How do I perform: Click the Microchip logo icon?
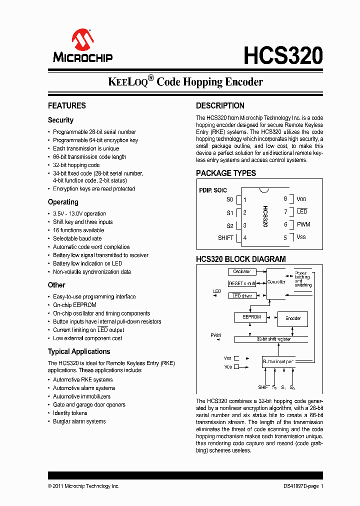pyautogui.click(x=82, y=39)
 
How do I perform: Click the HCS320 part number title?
pyautogui.click(x=283, y=55)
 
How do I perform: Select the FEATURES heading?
pyautogui.click(x=67, y=105)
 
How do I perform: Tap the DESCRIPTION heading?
pyautogui.click(x=220, y=105)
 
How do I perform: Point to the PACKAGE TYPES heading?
pyautogui.click(x=226, y=173)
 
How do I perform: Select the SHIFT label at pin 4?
pyautogui.click(x=225, y=237)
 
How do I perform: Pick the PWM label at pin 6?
pyautogui.click(x=303, y=224)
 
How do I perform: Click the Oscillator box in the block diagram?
pyautogui.click(x=242, y=272)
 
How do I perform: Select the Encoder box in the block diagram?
pyautogui.click(x=292, y=318)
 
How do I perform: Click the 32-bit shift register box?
pyautogui.click(x=273, y=339)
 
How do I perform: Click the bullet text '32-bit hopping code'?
pyautogui.click(x=76, y=165)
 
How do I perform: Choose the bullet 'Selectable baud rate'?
pyautogui.click(x=77, y=238)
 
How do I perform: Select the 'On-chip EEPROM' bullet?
pyautogui.click(x=74, y=305)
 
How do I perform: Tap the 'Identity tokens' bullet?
pyautogui.click(x=70, y=413)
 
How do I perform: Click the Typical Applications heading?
pyautogui.click(x=79, y=351)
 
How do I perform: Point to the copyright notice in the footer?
pyautogui.click(x=83, y=486)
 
